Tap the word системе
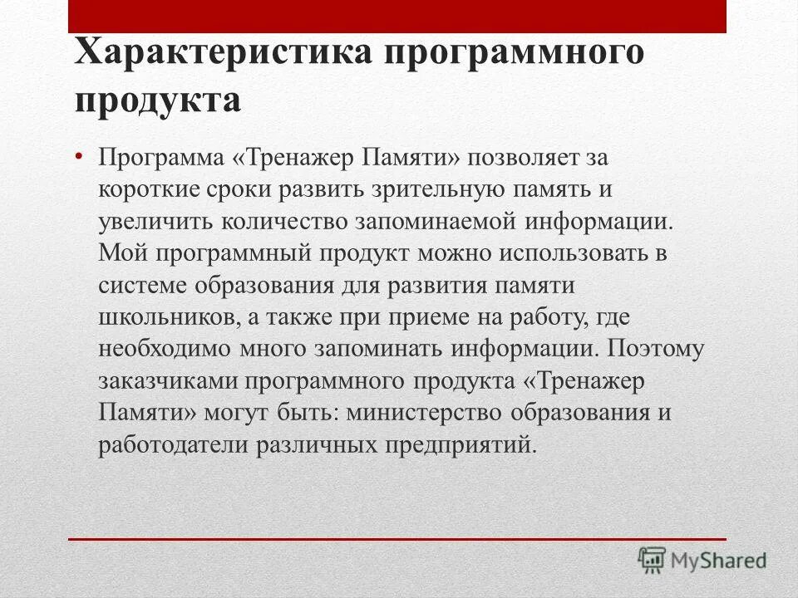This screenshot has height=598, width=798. pos(143,285)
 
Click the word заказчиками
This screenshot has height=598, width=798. pos(168,380)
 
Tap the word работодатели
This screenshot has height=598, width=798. pos(172,444)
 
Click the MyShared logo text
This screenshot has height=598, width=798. pos(720,560)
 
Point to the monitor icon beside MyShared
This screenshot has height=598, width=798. pos(653,560)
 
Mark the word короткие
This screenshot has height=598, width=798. pos(147,189)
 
